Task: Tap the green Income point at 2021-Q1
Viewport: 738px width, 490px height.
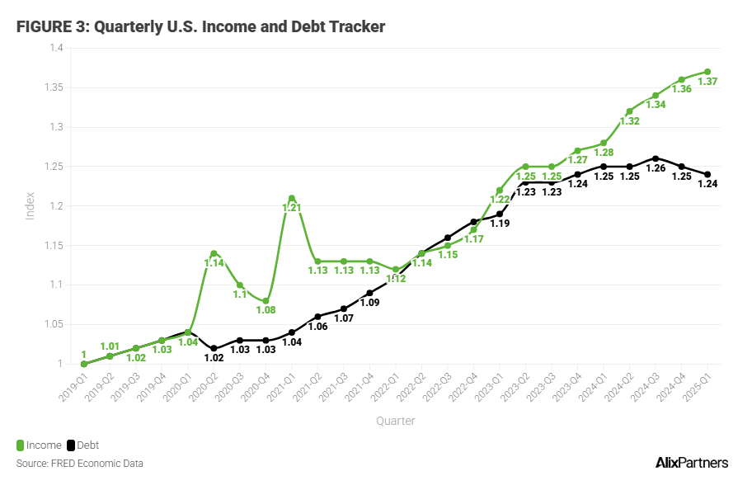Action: (x=292, y=198)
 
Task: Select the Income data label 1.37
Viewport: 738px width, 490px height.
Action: (x=707, y=82)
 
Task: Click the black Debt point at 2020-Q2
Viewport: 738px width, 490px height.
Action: (x=214, y=348)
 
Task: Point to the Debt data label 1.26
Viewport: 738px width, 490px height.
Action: (x=656, y=168)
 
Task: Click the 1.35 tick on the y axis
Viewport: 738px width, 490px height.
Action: (x=54, y=87)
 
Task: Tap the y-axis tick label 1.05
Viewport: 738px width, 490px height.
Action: (x=54, y=324)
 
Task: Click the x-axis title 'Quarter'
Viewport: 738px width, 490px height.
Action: (x=395, y=421)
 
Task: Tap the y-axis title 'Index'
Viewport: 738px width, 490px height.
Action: (x=31, y=205)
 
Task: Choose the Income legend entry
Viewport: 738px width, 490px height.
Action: (x=39, y=445)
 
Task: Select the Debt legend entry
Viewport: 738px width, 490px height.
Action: (x=82, y=445)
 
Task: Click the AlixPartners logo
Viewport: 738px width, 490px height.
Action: (x=691, y=462)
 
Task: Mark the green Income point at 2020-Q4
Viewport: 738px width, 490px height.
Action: (x=266, y=301)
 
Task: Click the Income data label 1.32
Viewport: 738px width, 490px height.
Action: (x=629, y=121)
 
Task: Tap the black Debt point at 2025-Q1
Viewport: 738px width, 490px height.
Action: (x=707, y=174)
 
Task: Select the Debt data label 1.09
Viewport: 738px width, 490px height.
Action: (x=369, y=303)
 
